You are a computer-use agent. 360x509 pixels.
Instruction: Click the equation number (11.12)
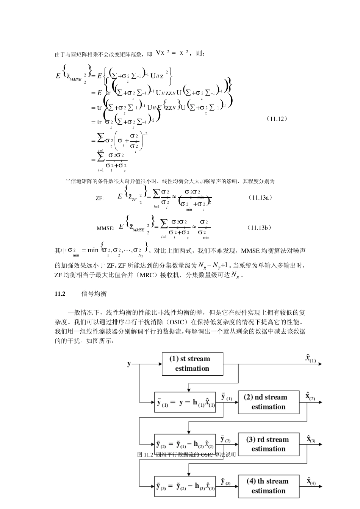pos(277,119)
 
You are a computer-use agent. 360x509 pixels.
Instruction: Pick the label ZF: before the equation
pos(100,198)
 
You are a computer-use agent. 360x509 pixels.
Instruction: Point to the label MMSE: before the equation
pos(105,228)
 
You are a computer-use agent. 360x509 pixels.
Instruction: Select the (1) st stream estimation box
pos(192,364)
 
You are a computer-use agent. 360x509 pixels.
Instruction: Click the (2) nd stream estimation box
pos(268,402)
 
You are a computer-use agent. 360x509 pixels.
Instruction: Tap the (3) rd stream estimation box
pos(268,444)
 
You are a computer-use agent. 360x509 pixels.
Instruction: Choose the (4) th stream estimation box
pos(268,486)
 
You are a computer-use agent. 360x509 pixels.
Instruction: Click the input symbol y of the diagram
pos(129,364)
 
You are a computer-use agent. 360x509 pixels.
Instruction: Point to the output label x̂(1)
pos(310,358)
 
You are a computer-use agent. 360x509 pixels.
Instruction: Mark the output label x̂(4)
pos(311,481)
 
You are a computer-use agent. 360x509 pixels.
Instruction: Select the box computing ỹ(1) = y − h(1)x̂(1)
pos(185,402)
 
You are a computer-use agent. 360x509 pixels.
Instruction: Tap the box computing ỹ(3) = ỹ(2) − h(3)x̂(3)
pos(185,486)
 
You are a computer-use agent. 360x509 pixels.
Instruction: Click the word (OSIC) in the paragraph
pos(176,322)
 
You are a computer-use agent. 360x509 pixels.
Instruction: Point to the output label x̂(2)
pos(310,397)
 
